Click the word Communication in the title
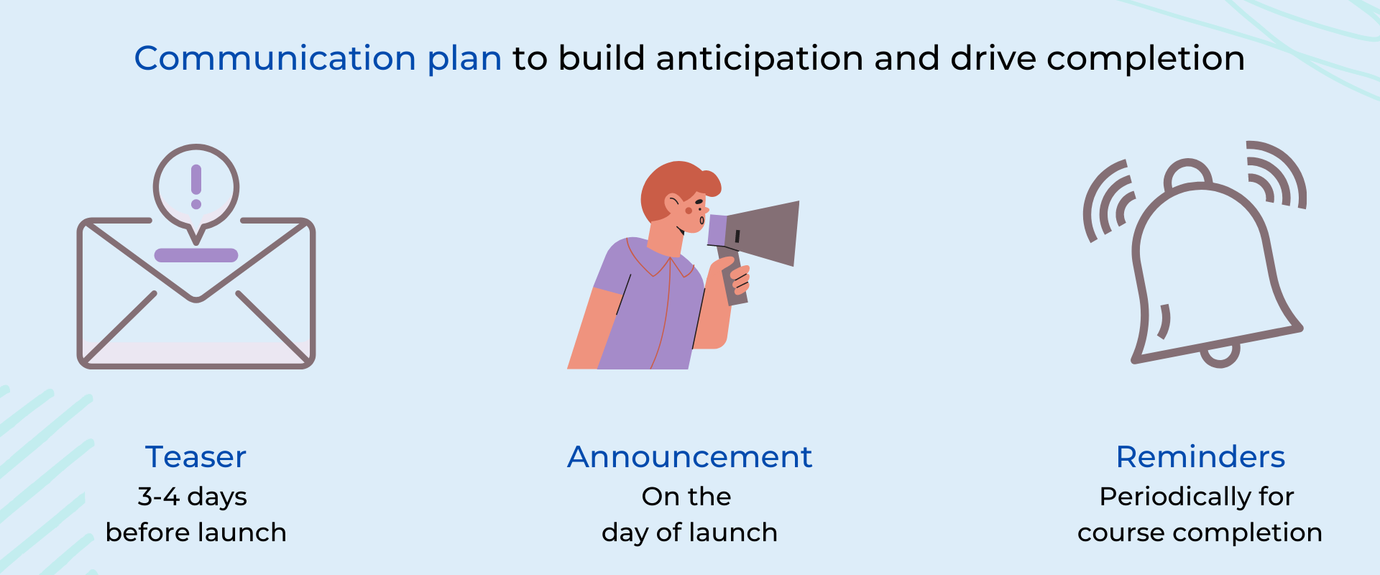pos(275,58)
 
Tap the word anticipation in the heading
pos(759,58)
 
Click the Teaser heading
pos(195,457)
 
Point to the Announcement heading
pos(689,457)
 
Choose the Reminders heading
pos(1200,457)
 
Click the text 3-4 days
pos(192,497)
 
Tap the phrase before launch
pos(195,533)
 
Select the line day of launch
pos(689,533)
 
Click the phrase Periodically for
pos(1197,497)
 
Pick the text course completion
pos(1200,533)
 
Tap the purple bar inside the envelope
pos(196,255)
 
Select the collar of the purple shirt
pos(661,262)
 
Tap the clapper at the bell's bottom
pos(1220,356)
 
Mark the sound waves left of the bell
pos(1107,201)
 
